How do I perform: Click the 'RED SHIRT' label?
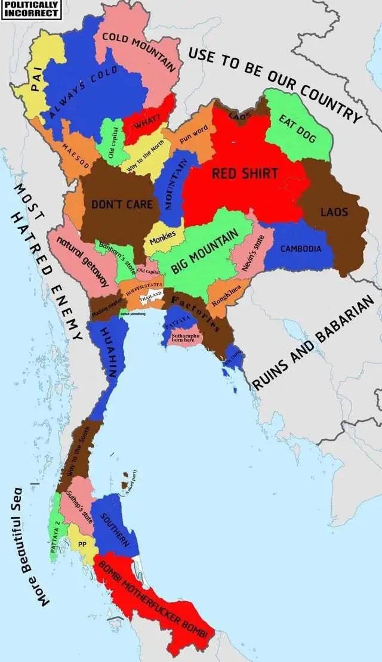245,174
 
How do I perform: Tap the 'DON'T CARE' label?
122,205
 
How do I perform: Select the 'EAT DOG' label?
297,127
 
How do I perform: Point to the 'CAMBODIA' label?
300,248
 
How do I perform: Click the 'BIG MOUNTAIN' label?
205,250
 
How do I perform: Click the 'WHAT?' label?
147,122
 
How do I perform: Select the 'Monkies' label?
162,237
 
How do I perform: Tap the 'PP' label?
82,545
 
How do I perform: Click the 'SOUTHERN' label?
115,531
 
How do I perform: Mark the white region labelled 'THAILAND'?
152,297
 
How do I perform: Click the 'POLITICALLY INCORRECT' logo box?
30,9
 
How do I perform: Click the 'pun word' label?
193,132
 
